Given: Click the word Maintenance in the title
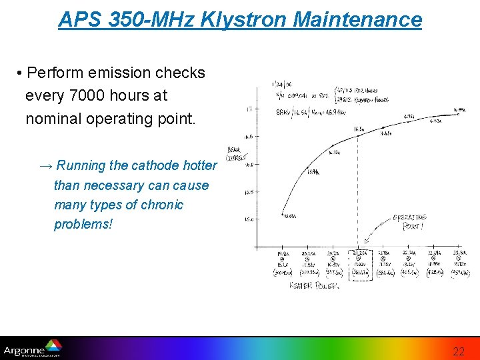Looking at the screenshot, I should click(357, 19).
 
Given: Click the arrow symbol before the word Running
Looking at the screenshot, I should click(47, 165).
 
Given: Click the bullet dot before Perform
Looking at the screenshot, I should click(21, 73).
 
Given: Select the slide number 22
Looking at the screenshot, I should click(459, 351).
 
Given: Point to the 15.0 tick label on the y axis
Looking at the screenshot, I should click(249, 219).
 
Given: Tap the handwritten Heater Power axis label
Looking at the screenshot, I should click(313, 285).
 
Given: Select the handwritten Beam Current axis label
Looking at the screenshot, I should click(235, 154).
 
